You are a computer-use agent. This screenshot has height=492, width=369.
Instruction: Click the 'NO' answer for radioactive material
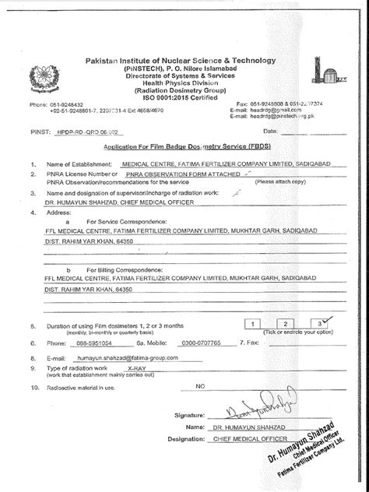[x=200, y=385]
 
